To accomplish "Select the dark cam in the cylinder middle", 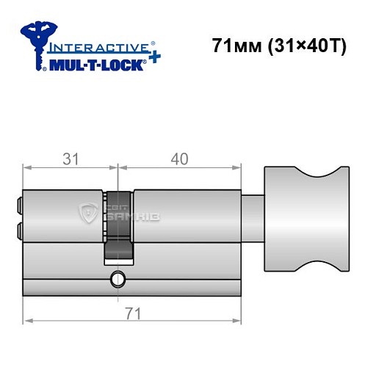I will (x=118, y=228).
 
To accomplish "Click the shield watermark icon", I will (x=90, y=214).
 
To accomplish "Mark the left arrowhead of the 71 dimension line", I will (x=27, y=321).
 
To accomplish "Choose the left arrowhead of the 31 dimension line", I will (x=27, y=168).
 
